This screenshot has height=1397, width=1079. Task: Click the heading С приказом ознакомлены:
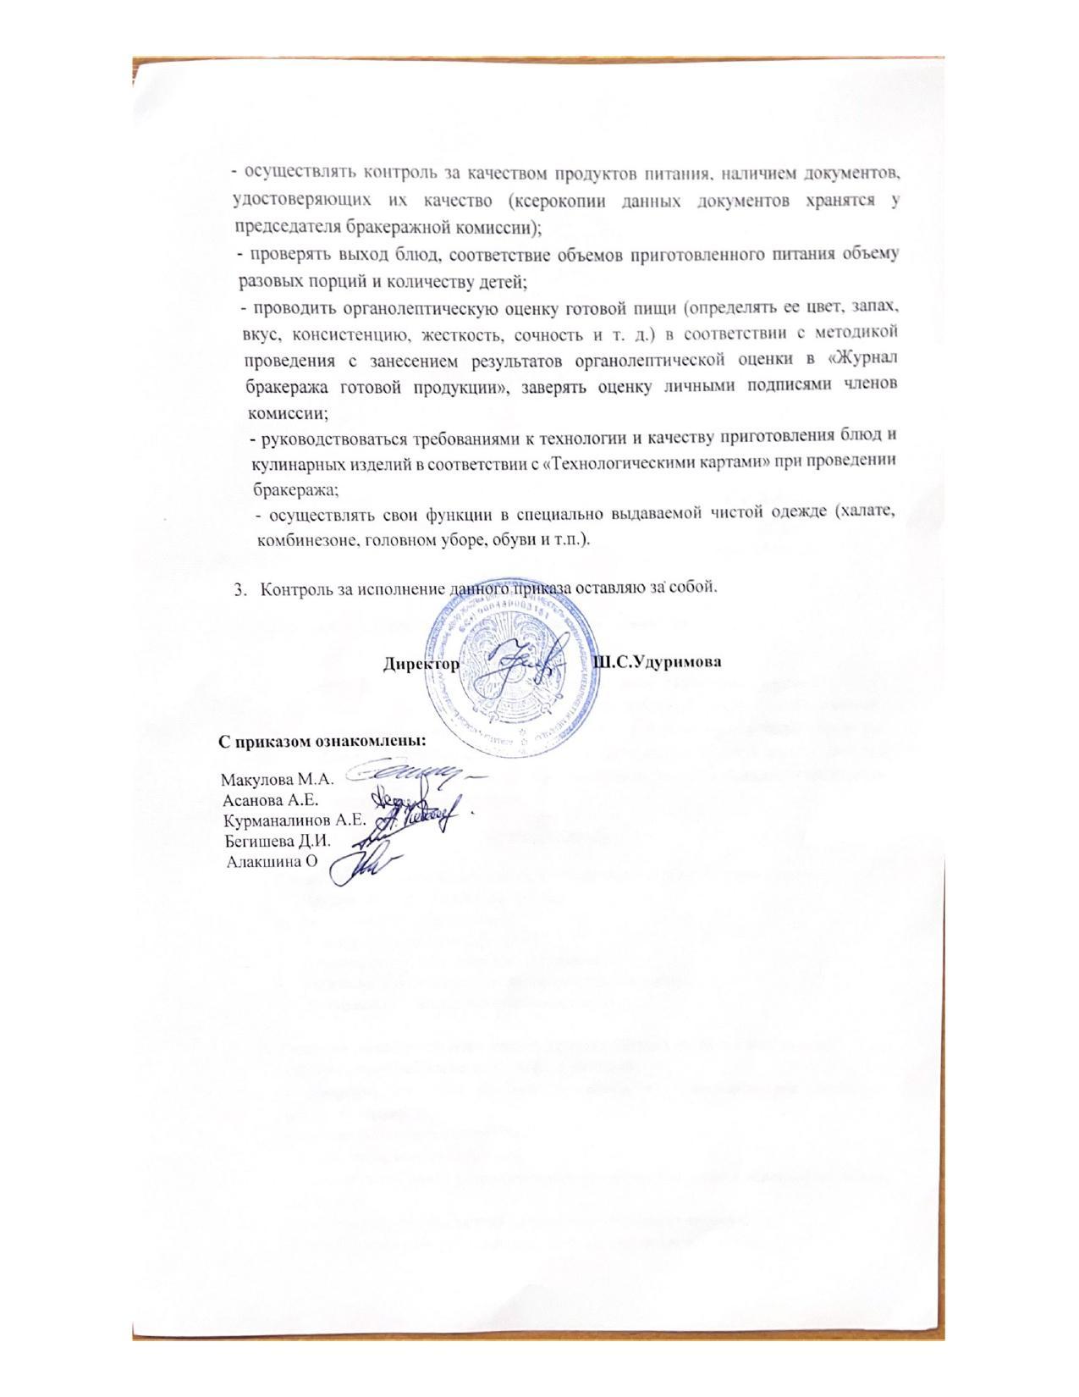tap(322, 741)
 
